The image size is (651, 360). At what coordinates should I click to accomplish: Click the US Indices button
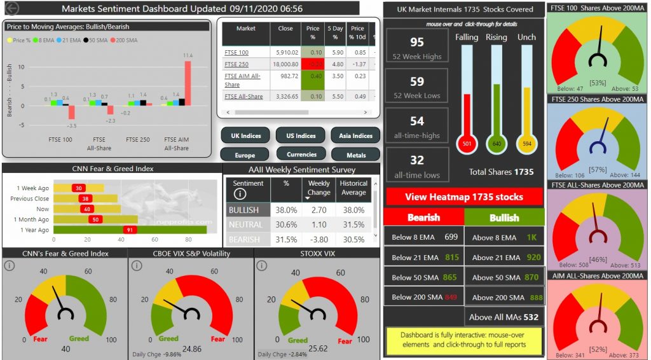pyautogui.click(x=301, y=135)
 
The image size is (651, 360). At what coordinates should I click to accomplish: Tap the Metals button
pyautogui.click(x=355, y=155)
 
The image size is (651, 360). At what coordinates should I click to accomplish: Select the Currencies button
pyautogui.click(x=301, y=154)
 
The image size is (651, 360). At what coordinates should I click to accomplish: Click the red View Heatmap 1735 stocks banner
pyautogui.click(x=464, y=197)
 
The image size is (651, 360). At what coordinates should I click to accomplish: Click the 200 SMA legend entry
pyautogui.click(x=131, y=40)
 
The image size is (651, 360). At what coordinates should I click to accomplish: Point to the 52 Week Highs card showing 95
pyautogui.click(x=416, y=46)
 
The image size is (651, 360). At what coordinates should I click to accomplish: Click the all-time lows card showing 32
pyautogui.click(x=416, y=165)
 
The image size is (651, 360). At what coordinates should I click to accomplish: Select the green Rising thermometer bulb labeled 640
pyautogui.click(x=497, y=143)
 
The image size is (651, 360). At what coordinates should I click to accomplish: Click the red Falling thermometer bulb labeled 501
pyautogui.click(x=467, y=143)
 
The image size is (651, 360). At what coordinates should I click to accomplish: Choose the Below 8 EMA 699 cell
pyautogui.click(x=424, y=237)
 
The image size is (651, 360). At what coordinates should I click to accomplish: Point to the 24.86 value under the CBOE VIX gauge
pyautogui.click(x=191, y=349)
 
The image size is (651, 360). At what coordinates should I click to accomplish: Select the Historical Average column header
pyautogui.click(x=353, y=188)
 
